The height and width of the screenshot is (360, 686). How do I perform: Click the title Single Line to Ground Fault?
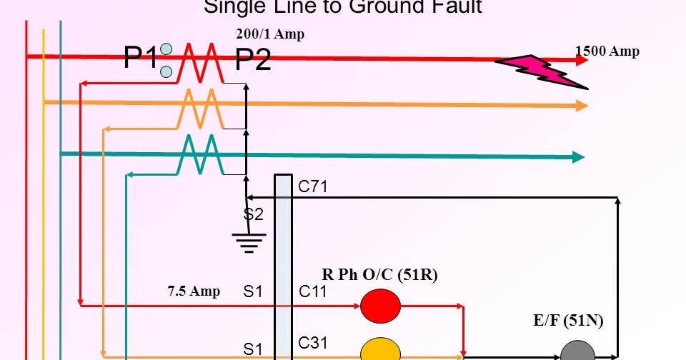pyautogui.click(x=343, y=8)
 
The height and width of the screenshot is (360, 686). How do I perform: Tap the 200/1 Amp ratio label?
pyautogui.click(x=270, y=34)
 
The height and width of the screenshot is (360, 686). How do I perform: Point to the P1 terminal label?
pyautogui.click(x=140, y=59)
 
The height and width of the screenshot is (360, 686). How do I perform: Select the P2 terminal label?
pyautogui.click(x=253, y=61)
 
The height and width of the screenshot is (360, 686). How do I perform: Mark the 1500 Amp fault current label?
pyautogui.click(x=607, y=51)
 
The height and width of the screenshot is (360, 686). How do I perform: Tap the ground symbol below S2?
pyautogui.click(x=248, y=244)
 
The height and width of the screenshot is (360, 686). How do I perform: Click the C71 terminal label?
pyautogui.click(x=313, y=187)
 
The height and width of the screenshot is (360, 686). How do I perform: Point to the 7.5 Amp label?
pyautogui.click(x=194, y=291)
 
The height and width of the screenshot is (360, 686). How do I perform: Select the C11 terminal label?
pyautogui.click(x=313, y=291)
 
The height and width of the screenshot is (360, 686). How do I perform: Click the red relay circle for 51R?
pyautogui.click(x=380, y=306)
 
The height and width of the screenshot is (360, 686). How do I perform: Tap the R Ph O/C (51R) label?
pyautogui.click(x=379, y=275)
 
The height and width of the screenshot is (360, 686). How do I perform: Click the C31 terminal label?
pyautogui.click(x=313, y=343)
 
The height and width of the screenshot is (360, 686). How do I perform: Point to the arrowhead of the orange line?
pyautogui.click(x=582, y=106)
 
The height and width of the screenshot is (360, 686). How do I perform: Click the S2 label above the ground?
pyautogui.click(x=254, y=213)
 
